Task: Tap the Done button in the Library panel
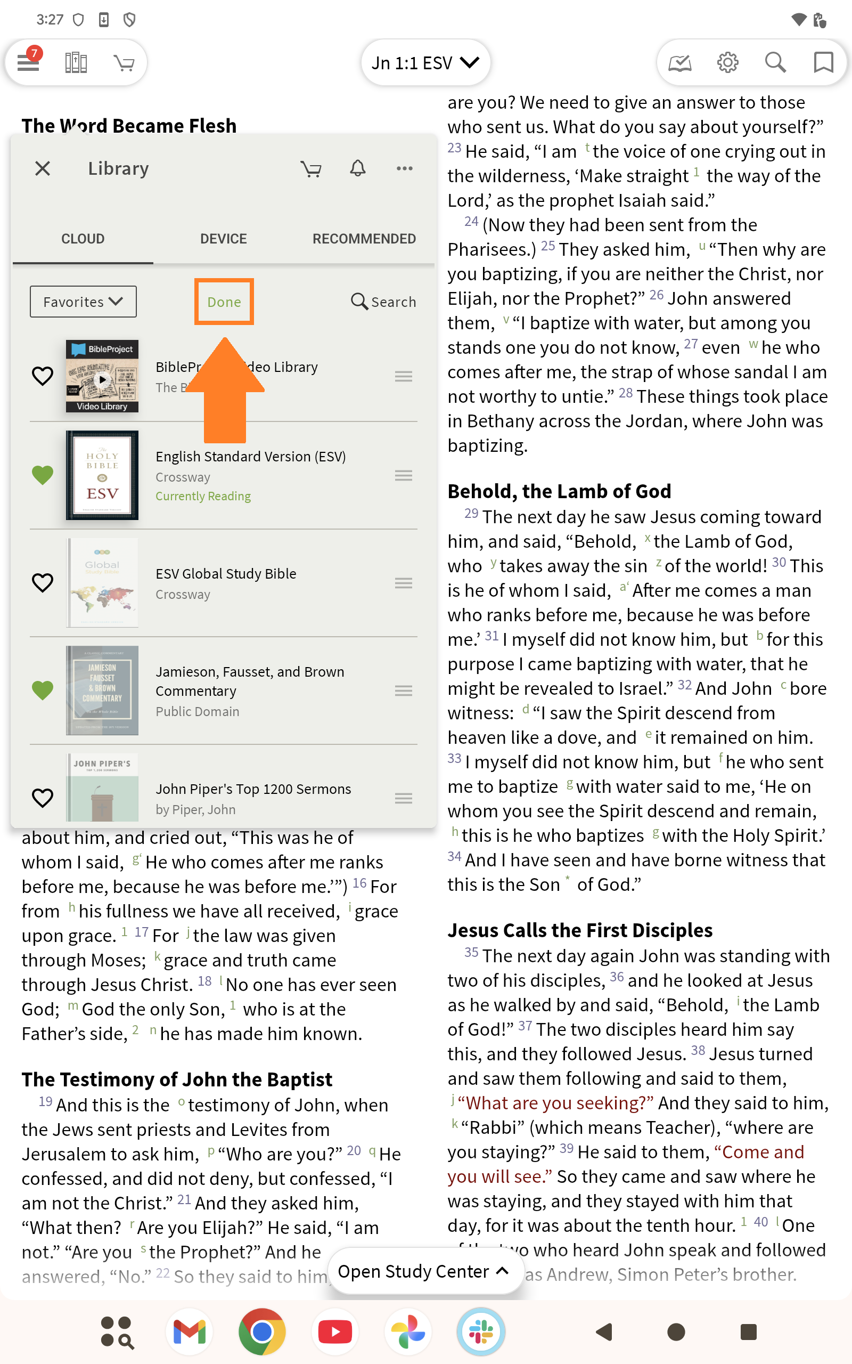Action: coord(224,302)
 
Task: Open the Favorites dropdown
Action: coord(83,302)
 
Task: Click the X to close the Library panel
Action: coord(43,168)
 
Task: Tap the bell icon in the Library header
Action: coord(358,168)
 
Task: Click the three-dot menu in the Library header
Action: coord(405,168)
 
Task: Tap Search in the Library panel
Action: coord(384,302)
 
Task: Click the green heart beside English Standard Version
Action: coord(43,475)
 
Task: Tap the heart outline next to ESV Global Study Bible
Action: coord(43,582)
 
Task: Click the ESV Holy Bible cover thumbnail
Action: coord(102,475)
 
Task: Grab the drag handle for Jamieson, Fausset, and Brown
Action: coord(404,691)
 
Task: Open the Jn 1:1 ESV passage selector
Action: coord(425,62)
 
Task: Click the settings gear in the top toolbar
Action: coord(727,62)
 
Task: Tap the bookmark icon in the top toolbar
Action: coord(823,62)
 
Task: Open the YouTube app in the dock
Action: coord(335,1332)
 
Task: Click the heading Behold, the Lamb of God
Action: coord(559,491)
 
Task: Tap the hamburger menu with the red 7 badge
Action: coord(28,61)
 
